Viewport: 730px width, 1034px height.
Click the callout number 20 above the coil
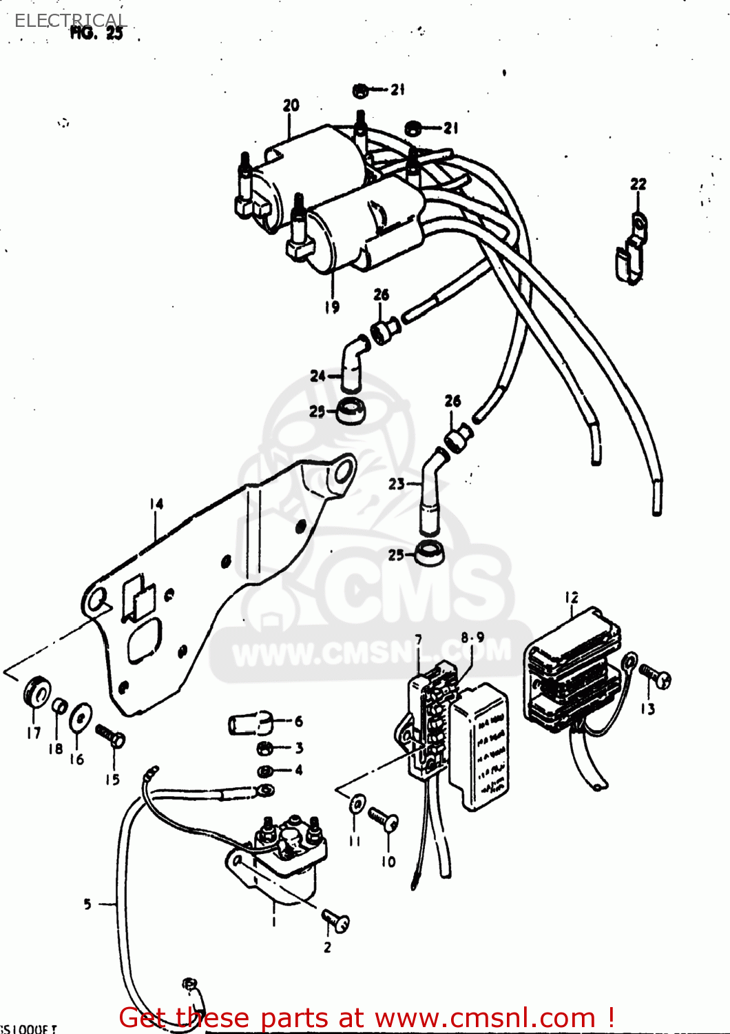click(x=291, y=105)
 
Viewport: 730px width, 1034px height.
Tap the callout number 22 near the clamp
click(x=638, y=184)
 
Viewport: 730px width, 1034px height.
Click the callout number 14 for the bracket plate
click(x=156, y=505)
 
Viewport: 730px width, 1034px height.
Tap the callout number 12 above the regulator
click(x=572, y=598)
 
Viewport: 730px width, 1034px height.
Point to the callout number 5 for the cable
click(x=87, y=904)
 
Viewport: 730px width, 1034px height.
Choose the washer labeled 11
click(x=356, y=804)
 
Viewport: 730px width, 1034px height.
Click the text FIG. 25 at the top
click(x=96, y=32)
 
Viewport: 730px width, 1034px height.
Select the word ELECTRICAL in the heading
click(x=70, y=21)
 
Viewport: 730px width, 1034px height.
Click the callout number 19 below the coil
click(x=332, y=307)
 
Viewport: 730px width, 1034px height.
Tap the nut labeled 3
click(x=262, y=748)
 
